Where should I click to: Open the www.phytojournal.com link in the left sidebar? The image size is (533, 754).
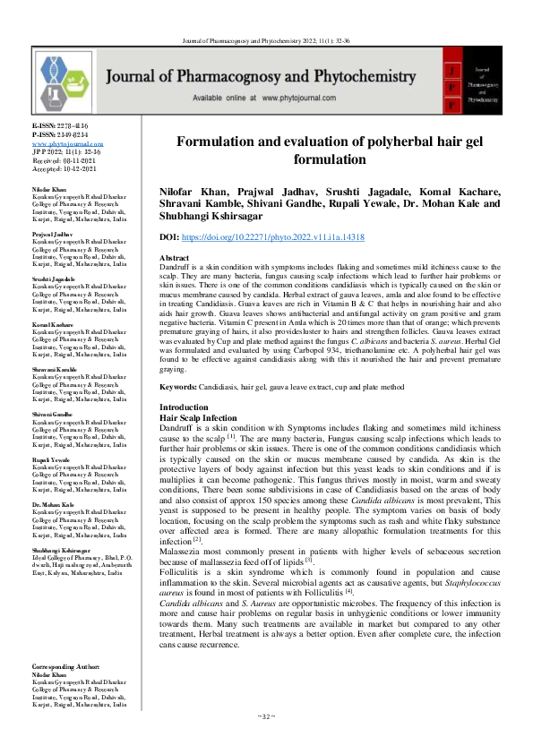[x=67, y=144]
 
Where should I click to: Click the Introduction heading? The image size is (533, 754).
[x=184, y=407]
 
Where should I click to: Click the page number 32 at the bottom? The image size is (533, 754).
[x=266, y=741]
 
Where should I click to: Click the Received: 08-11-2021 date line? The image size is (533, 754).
[x=64, y=160]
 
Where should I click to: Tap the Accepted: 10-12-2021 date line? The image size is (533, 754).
[x=64, y=168]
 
